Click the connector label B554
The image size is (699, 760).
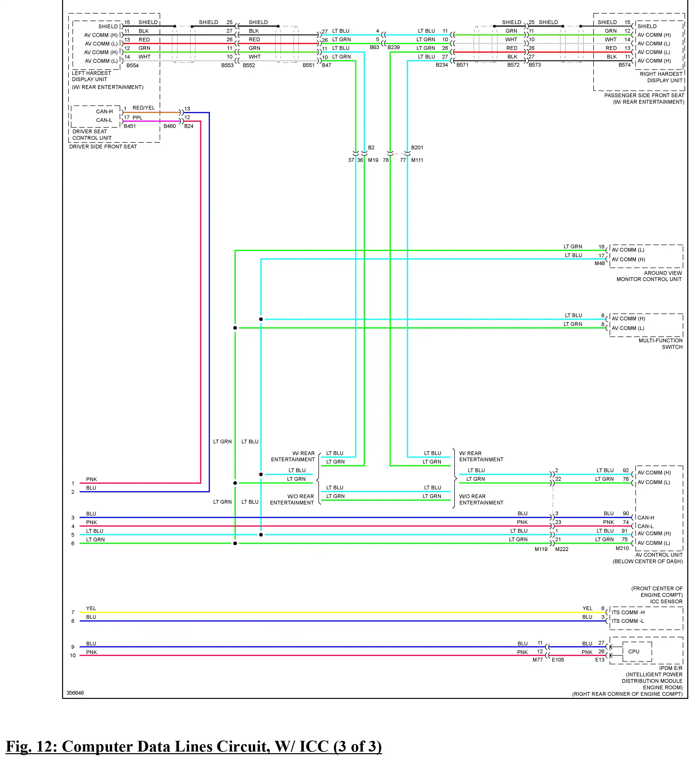pos(132,65)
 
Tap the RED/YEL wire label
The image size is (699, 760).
pos(143,108)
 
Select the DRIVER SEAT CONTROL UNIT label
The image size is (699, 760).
pos(92,135)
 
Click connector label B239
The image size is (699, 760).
pos(393,47)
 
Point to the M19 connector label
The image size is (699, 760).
pos(373,160)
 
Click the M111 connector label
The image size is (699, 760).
pos(417,160)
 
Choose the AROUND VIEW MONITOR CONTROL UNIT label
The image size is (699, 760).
pos(649,276)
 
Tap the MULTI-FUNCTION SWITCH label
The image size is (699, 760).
pos(661,344)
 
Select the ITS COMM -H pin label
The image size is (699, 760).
pos(628,612)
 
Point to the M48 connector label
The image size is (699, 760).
pos(600,263)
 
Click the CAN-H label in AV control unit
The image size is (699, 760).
pos(646,517)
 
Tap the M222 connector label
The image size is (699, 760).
pos(562,549)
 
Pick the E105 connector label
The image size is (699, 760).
pos(558,660)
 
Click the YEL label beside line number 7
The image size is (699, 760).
pos(91,609)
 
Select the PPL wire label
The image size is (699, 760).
pos(137,118)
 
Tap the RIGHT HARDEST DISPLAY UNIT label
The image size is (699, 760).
pos(661,77)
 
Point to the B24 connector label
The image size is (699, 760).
pos(189,126)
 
